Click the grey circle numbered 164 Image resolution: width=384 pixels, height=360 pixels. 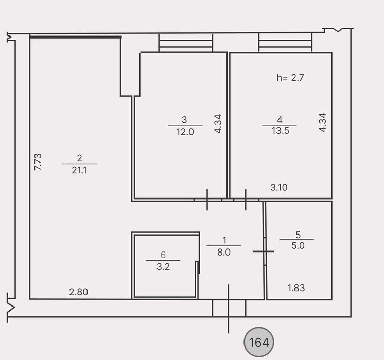tap(258, 342)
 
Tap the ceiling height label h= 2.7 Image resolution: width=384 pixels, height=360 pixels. tap(290, 78)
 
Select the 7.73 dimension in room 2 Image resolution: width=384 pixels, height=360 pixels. tap(38, 162)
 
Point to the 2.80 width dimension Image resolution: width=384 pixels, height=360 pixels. tap(79, 292)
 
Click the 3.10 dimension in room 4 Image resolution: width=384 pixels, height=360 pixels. tap(279, 188)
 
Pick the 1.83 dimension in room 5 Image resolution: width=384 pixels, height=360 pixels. tap(296, 288)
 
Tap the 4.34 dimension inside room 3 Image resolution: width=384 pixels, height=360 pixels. tap(218, 123)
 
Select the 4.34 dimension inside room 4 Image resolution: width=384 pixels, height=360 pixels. tap(323, 122)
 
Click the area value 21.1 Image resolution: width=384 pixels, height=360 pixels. tap(79, 170)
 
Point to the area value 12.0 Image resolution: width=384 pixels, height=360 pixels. tap(185, 132)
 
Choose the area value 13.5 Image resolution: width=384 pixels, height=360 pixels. tap(280, 131)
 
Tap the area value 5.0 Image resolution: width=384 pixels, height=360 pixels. tap(298, 245)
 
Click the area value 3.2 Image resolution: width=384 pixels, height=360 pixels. tap(163, 266)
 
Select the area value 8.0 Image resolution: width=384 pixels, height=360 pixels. tap(224, 252)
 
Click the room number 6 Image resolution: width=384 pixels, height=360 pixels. tap(163, 255)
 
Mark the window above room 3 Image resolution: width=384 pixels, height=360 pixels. tap(186, 43)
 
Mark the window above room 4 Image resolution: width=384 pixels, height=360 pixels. tap(285, 42)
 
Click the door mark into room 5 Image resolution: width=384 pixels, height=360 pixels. tap(264, 251)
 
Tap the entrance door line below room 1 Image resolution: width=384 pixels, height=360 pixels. tap(229, 309)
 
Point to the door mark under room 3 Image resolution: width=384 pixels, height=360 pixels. tap(207, 200)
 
